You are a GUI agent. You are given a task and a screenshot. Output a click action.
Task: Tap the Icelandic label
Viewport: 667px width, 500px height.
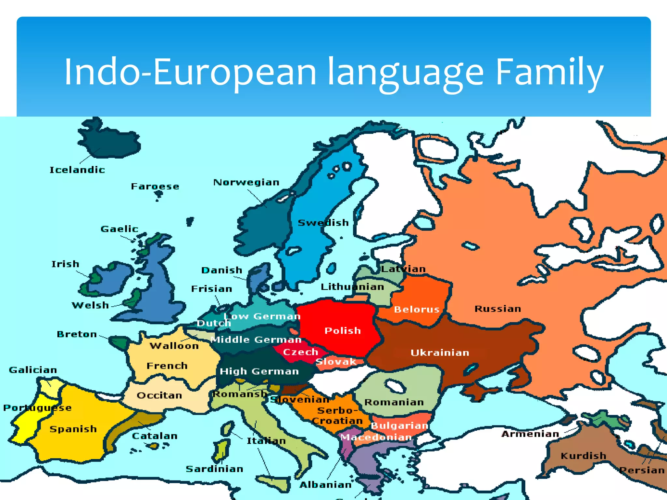77,170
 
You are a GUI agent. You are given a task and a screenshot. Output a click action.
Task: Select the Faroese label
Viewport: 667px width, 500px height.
155,186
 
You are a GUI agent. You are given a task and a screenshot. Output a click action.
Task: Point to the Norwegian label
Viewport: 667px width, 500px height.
246,182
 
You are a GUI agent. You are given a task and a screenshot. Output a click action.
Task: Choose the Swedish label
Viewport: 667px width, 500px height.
323,223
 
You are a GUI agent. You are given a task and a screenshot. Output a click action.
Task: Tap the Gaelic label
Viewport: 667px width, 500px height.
119,229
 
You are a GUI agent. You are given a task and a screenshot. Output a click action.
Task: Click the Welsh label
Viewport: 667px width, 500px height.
90,305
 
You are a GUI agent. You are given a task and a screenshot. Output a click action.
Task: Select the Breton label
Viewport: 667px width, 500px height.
77,334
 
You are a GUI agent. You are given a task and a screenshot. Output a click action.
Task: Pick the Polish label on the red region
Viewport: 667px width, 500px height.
343,331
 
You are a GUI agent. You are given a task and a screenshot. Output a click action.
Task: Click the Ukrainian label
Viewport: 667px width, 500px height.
440,353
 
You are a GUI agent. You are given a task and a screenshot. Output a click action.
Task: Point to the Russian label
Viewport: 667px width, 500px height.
498,309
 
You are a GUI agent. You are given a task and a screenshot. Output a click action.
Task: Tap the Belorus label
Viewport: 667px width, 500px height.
417,309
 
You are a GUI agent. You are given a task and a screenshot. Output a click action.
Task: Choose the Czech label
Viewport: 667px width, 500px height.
300,352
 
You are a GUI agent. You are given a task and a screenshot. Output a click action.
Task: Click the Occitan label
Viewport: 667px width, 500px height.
159,395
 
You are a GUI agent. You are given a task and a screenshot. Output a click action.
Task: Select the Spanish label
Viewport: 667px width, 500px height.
73,429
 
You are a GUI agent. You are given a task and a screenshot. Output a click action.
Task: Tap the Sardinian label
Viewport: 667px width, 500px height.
214,469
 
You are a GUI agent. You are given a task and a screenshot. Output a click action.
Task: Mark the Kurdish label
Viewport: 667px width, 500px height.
583,455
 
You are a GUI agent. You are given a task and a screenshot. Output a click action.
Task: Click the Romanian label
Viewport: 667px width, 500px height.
394,402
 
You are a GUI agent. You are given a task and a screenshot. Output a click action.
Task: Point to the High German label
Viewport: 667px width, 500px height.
259,371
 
